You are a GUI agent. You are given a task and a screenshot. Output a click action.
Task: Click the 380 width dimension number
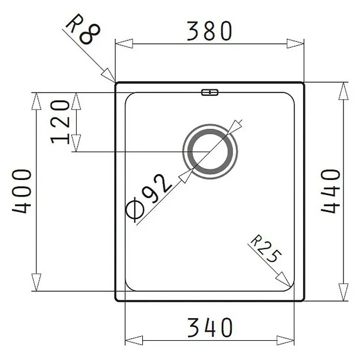click(209, 31)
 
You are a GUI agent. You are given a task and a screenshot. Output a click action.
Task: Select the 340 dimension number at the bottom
click(210, 327)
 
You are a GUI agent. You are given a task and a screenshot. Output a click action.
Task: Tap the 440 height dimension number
click(330, 191)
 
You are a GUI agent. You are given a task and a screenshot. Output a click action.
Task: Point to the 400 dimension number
click(21, 191)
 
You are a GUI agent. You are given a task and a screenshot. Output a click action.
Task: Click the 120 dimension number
click(60, 122)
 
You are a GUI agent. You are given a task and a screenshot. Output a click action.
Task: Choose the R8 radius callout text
click(83, 29)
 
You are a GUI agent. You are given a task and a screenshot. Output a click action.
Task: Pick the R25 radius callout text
click(265, 249)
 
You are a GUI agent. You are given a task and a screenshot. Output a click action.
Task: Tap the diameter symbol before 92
click(135, 211)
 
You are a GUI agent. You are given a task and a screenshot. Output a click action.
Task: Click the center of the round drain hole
click(210, 152)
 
